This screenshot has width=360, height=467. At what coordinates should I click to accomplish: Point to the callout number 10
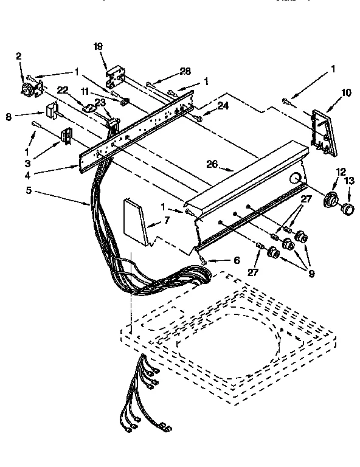pyautogui.click(x=346, y=92)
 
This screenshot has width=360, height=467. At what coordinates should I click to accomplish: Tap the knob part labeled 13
pyautogui.click(x=348, y=210)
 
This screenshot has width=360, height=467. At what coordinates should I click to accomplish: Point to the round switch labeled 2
pyautogui.click(x=28, y=91)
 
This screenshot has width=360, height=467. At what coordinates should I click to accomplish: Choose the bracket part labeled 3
pyautogui.click(x=64, y=137)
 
